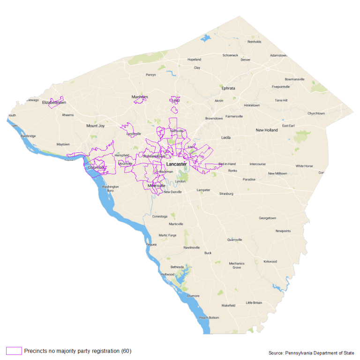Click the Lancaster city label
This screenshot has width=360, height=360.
pos(177,165)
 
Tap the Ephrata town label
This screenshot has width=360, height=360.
pos(228,88)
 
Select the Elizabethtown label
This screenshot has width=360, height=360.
pos(54,102)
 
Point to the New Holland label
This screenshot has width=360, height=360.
pos(266,130)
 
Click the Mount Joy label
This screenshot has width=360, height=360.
pos(95,126)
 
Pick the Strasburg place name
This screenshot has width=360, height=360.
pos(226,193)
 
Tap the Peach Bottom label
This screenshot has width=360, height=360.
pos(209,318)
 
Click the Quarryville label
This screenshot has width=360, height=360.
pos(234,240)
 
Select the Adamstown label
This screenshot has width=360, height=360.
pos(278,55)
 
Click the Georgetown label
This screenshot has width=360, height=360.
pos(267,218)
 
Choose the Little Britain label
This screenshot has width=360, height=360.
pos(254,303)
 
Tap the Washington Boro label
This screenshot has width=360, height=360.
pos(111,189)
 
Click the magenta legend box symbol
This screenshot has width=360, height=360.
pos(14,351)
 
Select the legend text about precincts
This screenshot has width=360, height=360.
pos(77,351)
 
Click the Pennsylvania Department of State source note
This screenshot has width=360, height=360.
pos(311,353)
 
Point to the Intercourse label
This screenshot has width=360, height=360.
pos(257,164)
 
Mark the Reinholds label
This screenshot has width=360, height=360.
pos(255,42)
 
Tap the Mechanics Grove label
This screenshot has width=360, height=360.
pos(237,265)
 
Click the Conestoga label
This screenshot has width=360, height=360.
pos(160,217)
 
